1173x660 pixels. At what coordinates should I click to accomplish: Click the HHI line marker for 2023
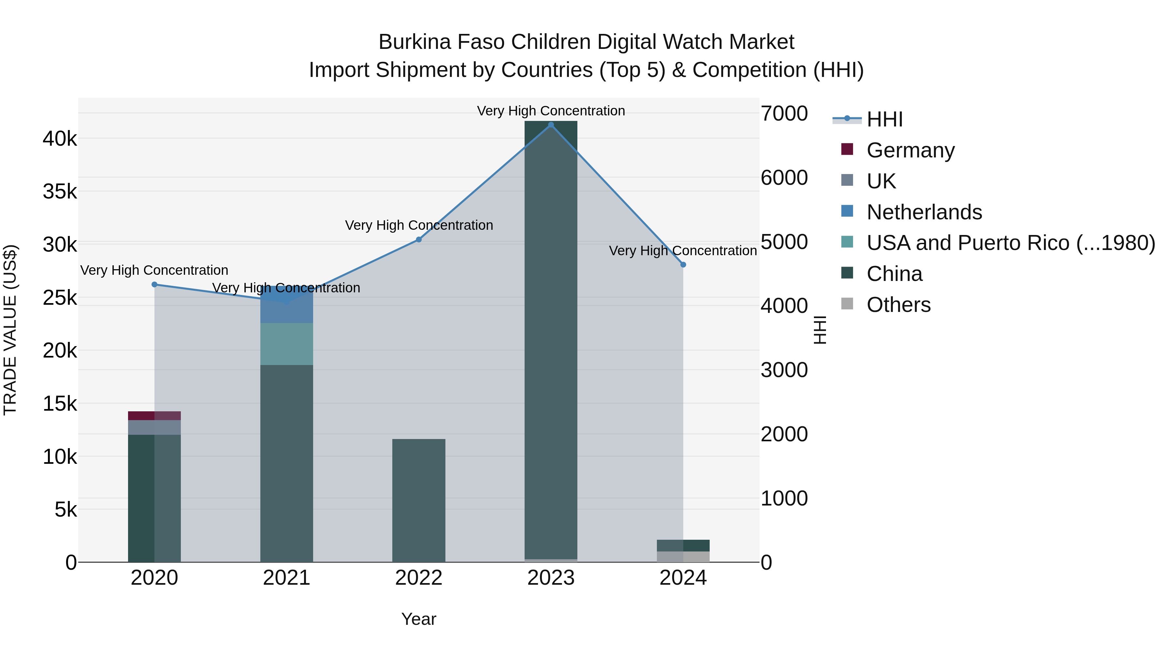[x=551, y=125]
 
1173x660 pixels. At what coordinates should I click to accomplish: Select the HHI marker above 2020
[x=154, y=285]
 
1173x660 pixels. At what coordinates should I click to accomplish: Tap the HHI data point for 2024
[x=683, y=265]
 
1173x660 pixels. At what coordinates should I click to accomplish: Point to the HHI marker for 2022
[x=419, y=240]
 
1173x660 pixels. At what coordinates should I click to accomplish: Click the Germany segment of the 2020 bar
[x=154, y=416]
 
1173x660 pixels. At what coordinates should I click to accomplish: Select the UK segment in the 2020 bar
[x=154, y=427]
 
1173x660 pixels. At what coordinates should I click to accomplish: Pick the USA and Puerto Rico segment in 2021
[x=286, y=344]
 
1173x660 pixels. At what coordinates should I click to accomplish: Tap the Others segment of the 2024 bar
[x=683, y=557]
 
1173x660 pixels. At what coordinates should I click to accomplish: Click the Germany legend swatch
[x=847, y=149]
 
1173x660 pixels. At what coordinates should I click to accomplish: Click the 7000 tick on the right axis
[x=784, y=113]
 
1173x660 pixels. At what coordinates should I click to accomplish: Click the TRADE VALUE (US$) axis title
[x=10, y=330]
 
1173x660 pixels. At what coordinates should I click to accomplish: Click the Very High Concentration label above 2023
[x=551, y=111]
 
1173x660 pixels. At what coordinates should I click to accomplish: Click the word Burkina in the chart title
[x=414, y=42]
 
